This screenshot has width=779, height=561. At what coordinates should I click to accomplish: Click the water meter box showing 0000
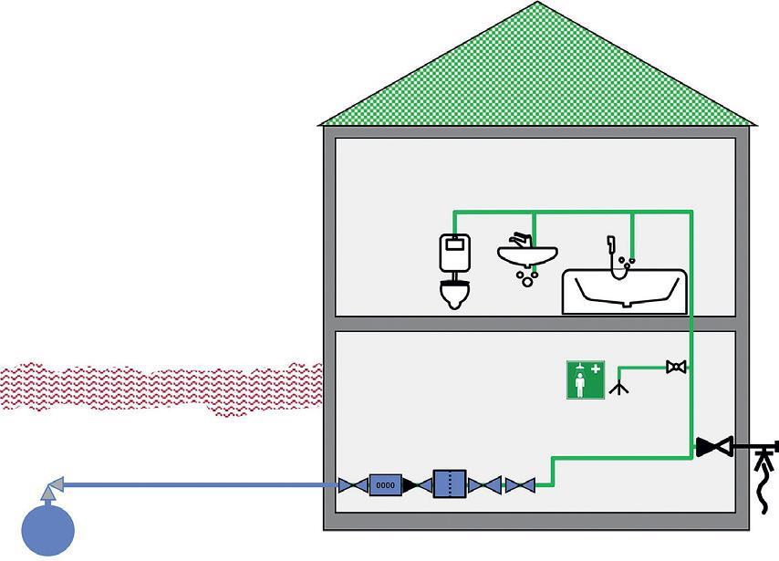click(385, 485)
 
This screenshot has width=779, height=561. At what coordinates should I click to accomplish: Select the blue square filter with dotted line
click(450, 483)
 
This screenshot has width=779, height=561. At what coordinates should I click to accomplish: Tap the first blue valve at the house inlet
click(353, 485)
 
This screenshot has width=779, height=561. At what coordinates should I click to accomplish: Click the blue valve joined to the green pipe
click(520, 485)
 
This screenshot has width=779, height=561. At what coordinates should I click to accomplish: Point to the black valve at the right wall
click(714, 447)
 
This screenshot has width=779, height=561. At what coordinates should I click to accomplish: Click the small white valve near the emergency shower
click(676, 368)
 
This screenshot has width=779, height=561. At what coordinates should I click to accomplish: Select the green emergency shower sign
click(586, 380)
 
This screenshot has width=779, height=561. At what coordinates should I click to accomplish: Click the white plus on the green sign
click(596, 369)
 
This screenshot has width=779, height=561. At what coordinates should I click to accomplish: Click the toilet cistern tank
click(454, 253)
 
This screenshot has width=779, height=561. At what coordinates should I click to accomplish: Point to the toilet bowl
click(454, 294)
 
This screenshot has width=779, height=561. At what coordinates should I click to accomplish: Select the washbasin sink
click(527, 256)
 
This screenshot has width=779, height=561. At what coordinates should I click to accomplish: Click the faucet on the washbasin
click(521, 240)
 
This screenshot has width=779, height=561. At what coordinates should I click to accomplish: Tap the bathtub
click(625, 292)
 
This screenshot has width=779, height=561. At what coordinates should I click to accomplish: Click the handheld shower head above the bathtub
click(610, 244)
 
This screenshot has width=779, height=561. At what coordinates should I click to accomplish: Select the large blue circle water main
click(48, 530)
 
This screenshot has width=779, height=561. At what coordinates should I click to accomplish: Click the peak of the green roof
click(537, 2)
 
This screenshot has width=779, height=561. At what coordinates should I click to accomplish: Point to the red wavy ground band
click(161, 388)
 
